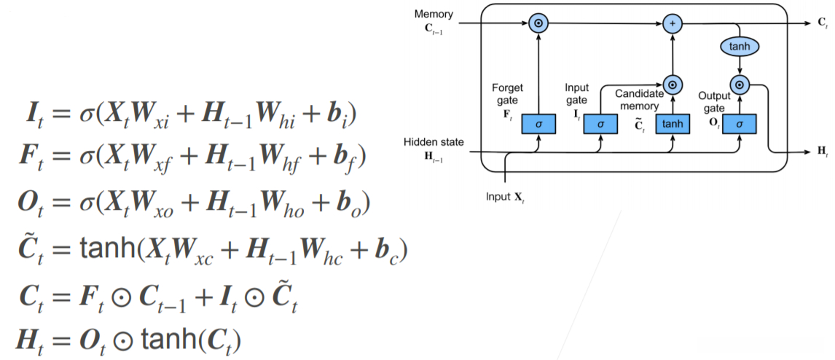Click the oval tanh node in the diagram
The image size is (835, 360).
(740, 47)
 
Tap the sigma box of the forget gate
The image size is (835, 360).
(538, 125)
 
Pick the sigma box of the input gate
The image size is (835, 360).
(600, 125)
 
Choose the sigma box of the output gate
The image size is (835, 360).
(740, 125)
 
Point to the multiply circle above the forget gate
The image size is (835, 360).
(538, 23)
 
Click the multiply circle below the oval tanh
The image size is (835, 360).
(740, 85)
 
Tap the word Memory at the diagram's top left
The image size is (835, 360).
(434, 14)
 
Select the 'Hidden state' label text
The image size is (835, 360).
(434, 142)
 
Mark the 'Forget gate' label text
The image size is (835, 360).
(507, 93)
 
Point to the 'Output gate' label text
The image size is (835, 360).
(714, 101)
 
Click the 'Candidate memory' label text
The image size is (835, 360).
(639, 100)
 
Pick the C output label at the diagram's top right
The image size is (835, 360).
(821, 24)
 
